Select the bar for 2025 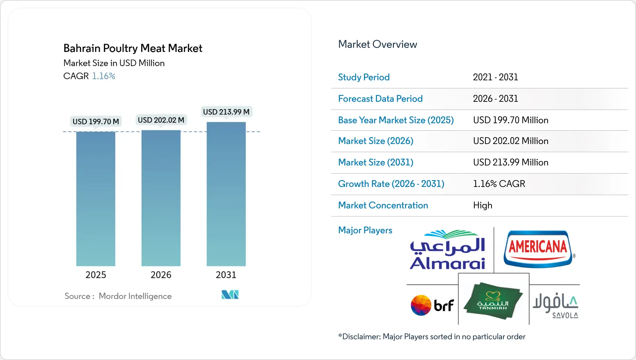point(96,199)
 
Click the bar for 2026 point(161,198)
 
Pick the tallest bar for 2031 point(226,194)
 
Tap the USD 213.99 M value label point(226,112)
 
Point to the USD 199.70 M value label point(96,121)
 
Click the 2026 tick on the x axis point(161,275)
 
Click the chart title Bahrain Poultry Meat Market point(133,48)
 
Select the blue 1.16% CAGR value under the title point(104,76)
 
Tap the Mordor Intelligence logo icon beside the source point(230,295)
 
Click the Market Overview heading point(377,44)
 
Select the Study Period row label point(364,77)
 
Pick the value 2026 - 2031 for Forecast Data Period point(495,99)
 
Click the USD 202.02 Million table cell point(511,141)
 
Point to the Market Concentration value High point(483,205)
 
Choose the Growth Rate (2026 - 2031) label point(391,184)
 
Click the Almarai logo point(448,250)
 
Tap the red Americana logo point(538,249)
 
